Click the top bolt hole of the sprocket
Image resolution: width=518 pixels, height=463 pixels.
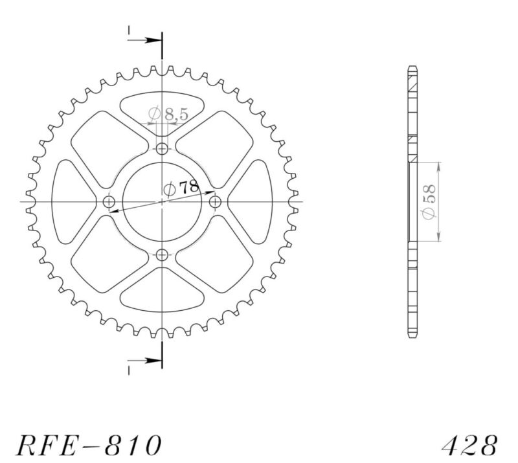pyautogui.click(x=162, y=148)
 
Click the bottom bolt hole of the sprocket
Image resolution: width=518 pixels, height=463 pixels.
pyautogui.click(x=162, y=254)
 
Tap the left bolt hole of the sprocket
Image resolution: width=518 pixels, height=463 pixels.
pyautogui.click(x=109, y=202)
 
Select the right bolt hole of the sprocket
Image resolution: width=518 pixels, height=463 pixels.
pyautogui.click(x=216, y=202)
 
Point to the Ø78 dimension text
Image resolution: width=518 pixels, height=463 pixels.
pyautogui.click(x=181, y=189)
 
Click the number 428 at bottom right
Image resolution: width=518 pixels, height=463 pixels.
pyautogui.click(x=471, y=445)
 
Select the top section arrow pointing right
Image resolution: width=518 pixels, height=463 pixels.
pyautogui.click(x=145, y=40)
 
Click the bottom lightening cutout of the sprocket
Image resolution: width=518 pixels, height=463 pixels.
pyautogui.click(x=162, y=295)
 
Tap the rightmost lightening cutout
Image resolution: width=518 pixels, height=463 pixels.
pyautogui.click(x=254, y=202)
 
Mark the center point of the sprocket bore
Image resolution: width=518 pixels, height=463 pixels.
pyautogui.click(x=162, y=202)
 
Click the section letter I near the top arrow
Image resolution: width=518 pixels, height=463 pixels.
pyautogui.click(x=129, y=30)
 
